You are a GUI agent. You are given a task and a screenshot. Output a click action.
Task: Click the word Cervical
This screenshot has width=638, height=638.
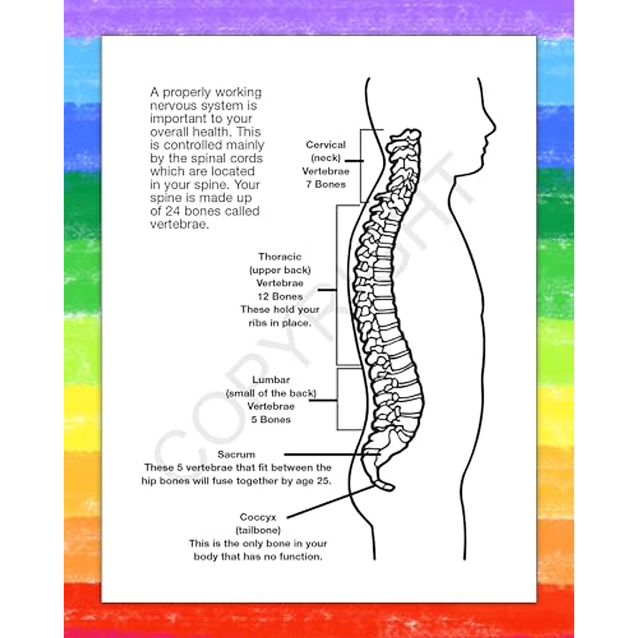coord(325,145)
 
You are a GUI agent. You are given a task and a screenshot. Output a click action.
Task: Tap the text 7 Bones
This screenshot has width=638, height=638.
coord(325,184)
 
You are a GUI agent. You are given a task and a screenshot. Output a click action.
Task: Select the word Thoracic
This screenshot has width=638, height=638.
coord(280,257)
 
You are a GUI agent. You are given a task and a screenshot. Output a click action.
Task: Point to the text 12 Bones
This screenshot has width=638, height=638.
coord(280,297)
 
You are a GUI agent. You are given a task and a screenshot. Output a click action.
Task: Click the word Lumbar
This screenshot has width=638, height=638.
coord(271,380)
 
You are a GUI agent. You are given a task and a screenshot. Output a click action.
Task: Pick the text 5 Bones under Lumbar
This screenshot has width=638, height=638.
coord(271,419)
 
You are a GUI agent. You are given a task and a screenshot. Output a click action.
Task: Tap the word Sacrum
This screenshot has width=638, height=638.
coord(236,455)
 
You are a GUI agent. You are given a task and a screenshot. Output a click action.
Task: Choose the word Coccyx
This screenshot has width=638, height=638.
coord(258,517)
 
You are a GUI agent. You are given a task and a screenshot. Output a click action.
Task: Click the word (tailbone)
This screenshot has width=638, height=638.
coord(258,530)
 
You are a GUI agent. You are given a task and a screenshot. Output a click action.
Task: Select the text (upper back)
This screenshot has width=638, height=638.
coord(280,270)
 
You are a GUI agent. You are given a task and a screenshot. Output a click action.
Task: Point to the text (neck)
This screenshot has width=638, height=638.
coord(325,158)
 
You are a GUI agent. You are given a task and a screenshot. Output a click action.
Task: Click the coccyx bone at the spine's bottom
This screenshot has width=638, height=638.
coord(384,485)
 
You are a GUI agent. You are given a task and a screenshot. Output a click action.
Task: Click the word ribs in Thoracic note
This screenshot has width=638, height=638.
coord(258,323)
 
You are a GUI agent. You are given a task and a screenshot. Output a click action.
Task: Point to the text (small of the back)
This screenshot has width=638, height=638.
coord(271,393)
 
